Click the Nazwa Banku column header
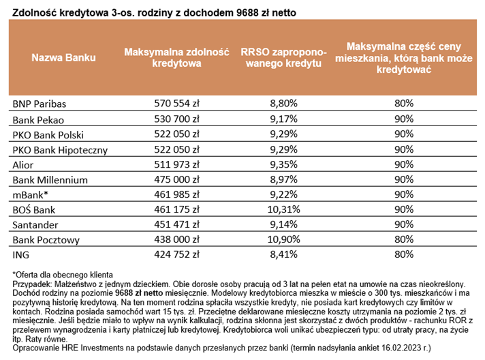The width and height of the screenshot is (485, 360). pyautogui.click(x=63, y=57)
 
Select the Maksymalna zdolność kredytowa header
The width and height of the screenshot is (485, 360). pyautogui.click(x=176, y=57)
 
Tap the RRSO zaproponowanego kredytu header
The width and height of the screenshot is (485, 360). pyautogui.click(x=283, y=57)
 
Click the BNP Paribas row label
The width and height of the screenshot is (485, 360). pyautogui.click(x=40, y=104)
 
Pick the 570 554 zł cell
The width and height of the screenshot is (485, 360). pyautogui.click(x=176, y=103)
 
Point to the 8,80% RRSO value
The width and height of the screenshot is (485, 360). pyautogui.click(x=283, y=103)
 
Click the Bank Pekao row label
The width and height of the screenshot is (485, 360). pyautogui.click(x=38, y=120)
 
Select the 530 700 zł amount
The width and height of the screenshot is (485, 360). pyautogui.click(x=176, y=119)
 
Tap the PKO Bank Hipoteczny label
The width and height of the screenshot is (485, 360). pyautogui.click(x=60, y=150)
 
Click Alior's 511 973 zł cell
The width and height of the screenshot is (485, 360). pyautogui.click(x=176, y=164)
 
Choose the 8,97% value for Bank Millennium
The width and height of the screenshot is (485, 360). pyautogui.click(x=283, y=179)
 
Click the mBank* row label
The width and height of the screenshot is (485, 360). pyautogui.click(x=30, y=195)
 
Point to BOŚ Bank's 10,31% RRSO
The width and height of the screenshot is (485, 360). pyautogui.click(x=283, y=209)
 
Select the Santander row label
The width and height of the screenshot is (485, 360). pyautogui.click(x=35, y=225)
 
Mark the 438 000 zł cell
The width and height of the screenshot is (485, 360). pyautogui.click(x=176, y=239)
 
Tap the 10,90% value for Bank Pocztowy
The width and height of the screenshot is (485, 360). pyautogui.click(x=283, y=239)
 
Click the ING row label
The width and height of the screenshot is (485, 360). pyautogui.click(x=20, y=255)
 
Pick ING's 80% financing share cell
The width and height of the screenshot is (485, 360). pyautogui.click(x=404, y=254)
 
